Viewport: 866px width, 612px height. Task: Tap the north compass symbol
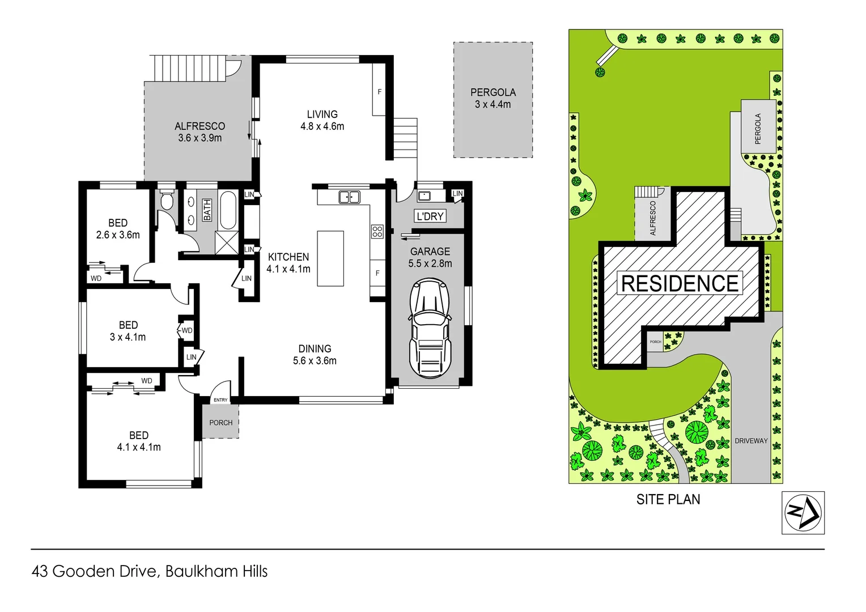click(x=803, y=513)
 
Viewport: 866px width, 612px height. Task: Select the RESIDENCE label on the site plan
click(x=680, y=283)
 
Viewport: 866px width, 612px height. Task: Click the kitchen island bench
click(x=330, y=258)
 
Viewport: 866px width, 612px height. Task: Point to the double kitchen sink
click(x=349, y=197)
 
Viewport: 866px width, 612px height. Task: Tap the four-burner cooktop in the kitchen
click(x=377, y=231)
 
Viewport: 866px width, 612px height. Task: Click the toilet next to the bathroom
click(x=167, y=200)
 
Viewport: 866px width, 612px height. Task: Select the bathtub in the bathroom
click(x=228, y=210)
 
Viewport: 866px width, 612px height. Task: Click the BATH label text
click(x=207, y=210)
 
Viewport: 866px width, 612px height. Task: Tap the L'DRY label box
click(x=430, y=216)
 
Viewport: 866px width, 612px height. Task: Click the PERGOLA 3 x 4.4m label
click(x=493, y=98)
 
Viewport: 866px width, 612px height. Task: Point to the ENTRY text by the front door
click(x=220, y=400)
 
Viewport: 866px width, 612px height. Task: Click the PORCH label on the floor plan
click(x=220, y=423)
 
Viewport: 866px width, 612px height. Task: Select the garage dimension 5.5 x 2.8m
click(x=430, y=263)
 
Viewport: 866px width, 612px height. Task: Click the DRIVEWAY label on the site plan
click(x=751, y=441)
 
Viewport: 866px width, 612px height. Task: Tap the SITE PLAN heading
click(x=668, y=499)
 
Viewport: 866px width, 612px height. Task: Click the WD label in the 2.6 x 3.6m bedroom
click(x=96, y=278)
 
